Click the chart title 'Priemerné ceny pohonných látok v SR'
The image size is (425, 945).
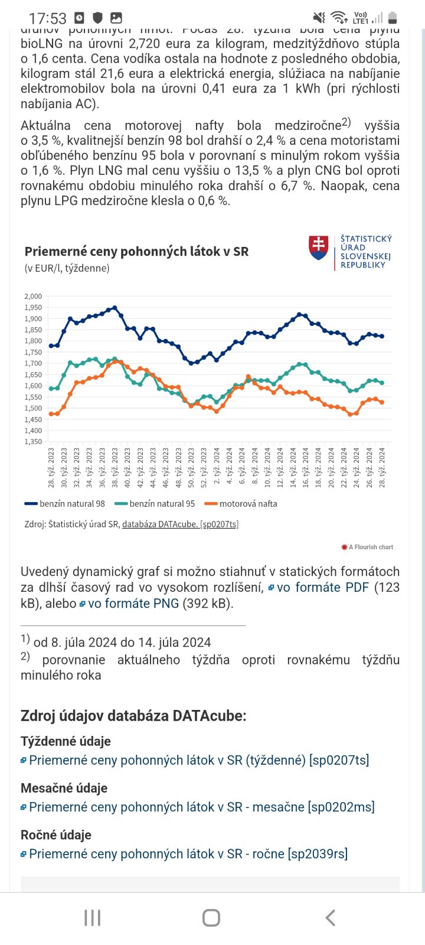(136, 251)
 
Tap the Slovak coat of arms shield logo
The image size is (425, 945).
(319, 248)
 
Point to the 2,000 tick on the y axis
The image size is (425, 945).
(33, 296)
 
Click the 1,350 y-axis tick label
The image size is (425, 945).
(33, 442)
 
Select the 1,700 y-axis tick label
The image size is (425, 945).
(33, 364)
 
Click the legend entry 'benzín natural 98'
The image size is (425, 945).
(65, 504)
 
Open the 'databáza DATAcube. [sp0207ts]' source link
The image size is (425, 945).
(180, 524)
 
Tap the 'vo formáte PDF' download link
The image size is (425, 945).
(322, 587)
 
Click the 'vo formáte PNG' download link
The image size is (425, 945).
(133, 603)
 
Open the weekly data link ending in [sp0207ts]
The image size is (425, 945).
(199, 760)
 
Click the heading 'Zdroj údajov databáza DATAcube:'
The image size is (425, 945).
(133, 715)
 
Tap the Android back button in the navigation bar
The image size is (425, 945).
(331, 917)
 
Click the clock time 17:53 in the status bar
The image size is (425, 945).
(47, 18)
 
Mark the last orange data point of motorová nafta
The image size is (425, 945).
(382, 403)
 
